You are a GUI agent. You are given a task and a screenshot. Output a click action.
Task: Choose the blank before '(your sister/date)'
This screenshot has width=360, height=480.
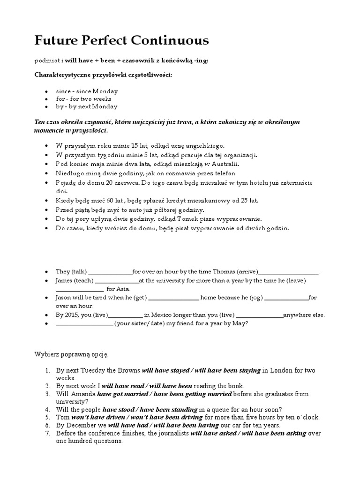[84, 323]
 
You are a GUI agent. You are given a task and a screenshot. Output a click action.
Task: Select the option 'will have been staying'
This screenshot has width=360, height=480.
[227, 370]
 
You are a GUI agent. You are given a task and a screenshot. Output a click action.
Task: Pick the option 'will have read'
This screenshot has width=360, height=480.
[123, 386]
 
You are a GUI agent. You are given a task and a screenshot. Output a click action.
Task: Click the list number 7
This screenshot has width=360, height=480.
[47, 434]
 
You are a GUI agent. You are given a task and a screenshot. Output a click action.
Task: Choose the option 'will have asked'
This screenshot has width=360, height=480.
[212, 434]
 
